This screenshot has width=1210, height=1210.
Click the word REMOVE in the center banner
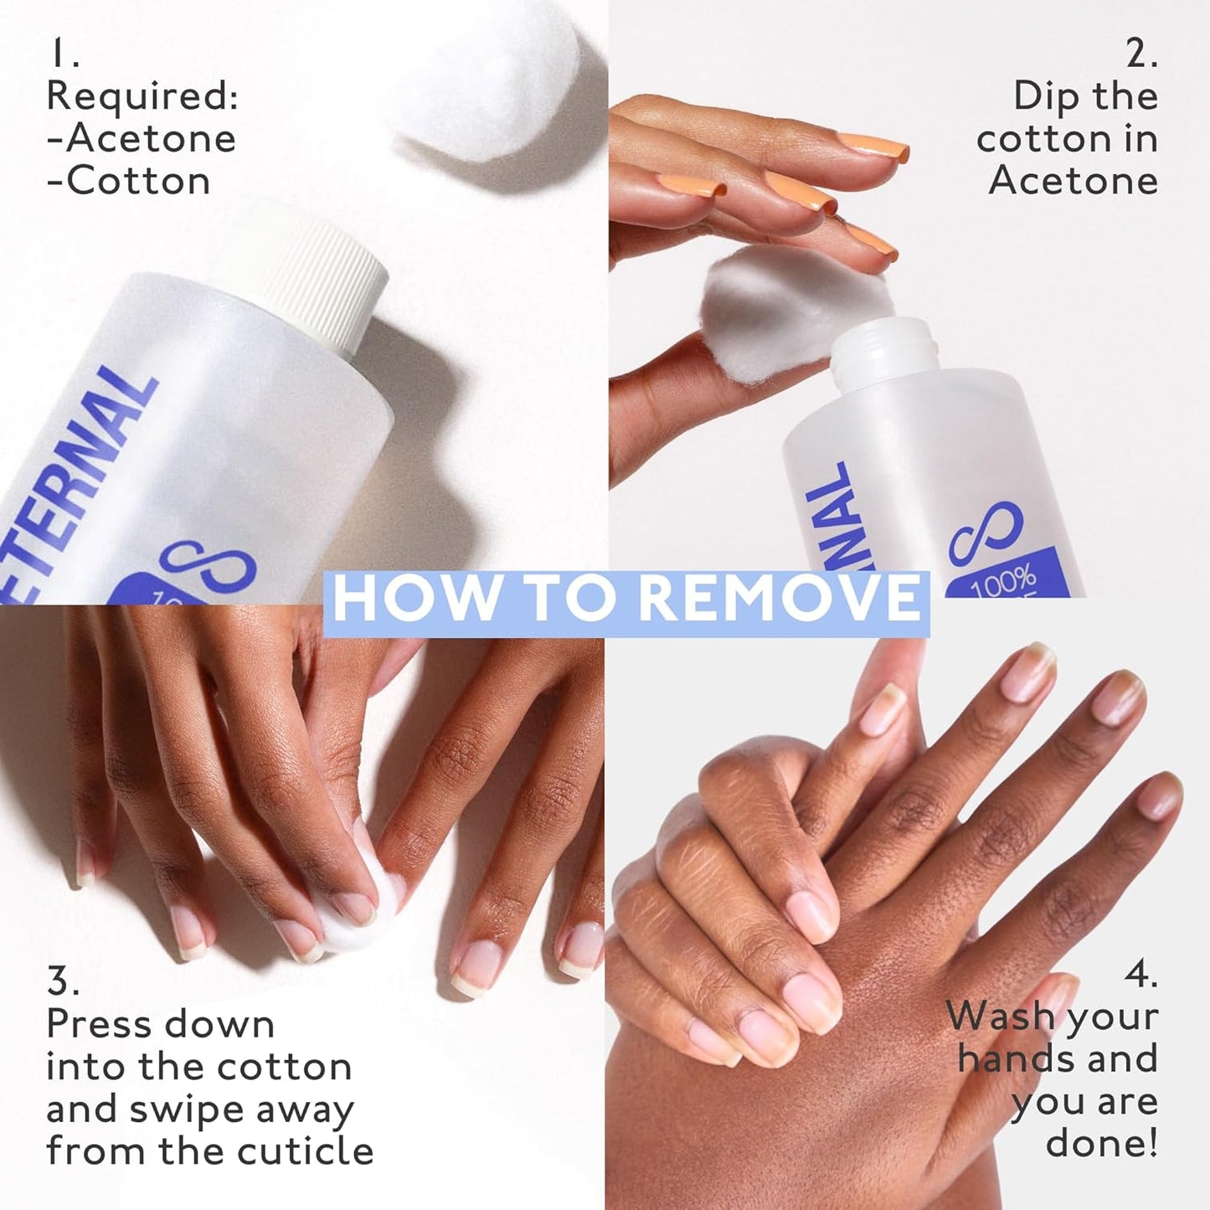click(784, 597)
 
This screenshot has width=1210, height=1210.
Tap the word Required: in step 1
click(142, 96)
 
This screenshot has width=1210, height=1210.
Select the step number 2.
click(1141, 54)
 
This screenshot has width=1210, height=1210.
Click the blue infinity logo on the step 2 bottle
click(986, 533)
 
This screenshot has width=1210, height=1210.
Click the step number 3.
click(62, 981)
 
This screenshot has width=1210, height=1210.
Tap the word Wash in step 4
click(1000, 1017)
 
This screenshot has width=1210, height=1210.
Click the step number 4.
click(1140, 975)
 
